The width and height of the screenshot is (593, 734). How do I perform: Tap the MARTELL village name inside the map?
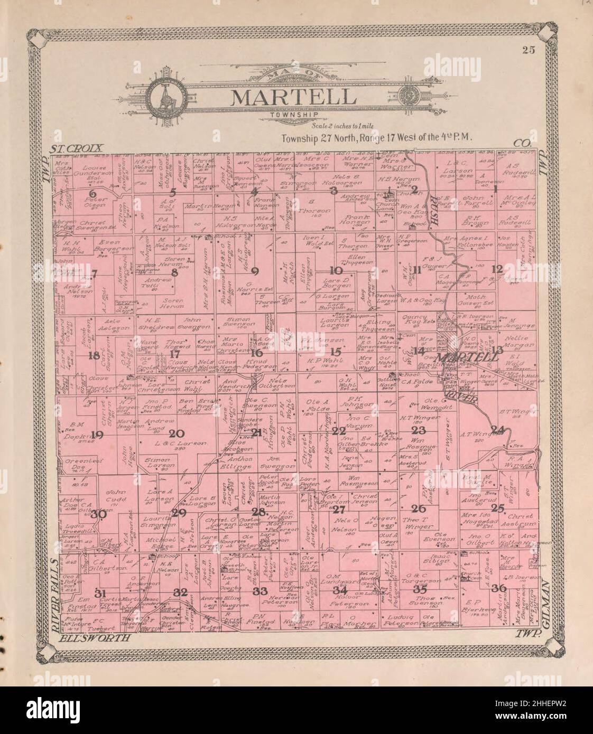[x=469, y=357]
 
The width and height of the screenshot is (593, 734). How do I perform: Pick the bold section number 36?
[x=498, y=588]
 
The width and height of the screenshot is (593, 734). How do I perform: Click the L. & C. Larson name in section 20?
[x=177, y=444]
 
